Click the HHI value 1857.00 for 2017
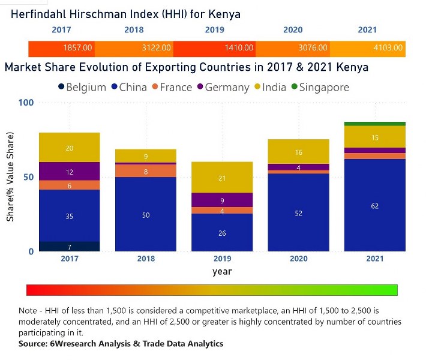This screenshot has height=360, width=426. click(77, 47)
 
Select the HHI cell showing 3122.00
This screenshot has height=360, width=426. click(156, 47)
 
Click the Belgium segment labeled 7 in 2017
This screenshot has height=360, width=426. click(70, 247)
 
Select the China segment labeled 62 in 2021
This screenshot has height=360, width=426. click(374, 206)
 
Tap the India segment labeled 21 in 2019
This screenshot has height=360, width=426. click(223, 178)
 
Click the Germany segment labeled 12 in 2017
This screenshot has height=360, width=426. click(70, 172)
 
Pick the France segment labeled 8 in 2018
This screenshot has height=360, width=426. click(146, 171)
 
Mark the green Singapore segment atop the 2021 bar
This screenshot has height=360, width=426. click(374, 124)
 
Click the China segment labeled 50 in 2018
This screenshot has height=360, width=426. click(146, 214)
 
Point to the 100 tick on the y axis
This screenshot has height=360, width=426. click(26, 103)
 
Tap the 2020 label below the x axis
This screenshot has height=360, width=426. click(299, 259)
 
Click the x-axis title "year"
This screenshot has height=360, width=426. click(221, 272)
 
